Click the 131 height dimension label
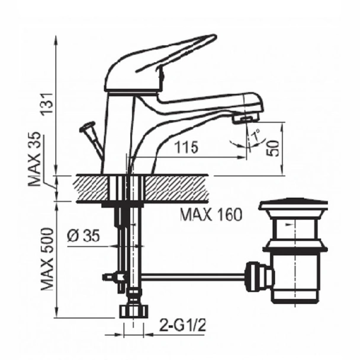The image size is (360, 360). click(x=47, y=103)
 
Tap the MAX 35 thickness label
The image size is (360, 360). click(x=34, y=159)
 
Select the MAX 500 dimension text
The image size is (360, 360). click(x=47, y=259)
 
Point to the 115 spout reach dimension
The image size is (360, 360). click(x=187, y=147)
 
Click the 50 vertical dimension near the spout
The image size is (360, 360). click(x=273, y=148)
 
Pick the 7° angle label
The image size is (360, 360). click(x=255, y=136)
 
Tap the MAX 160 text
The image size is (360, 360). click(x=211, y=215)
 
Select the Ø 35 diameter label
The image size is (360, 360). click(x=84, y=236)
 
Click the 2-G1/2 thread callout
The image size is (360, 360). click(x=182, y=325)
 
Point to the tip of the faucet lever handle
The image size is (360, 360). click(x=215, y=36)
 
